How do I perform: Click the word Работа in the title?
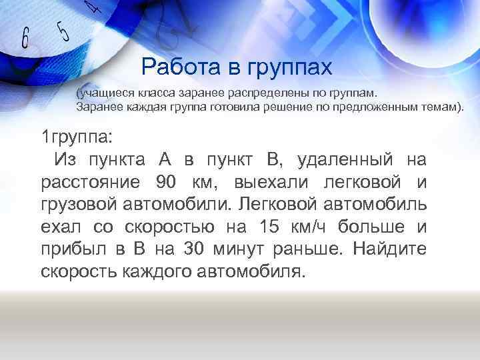pyautogui.click(x=177, y=66)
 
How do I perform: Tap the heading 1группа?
pyautogui.click(x=77, y=137)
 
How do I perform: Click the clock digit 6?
pyautogui.click(x=25, y=39)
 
